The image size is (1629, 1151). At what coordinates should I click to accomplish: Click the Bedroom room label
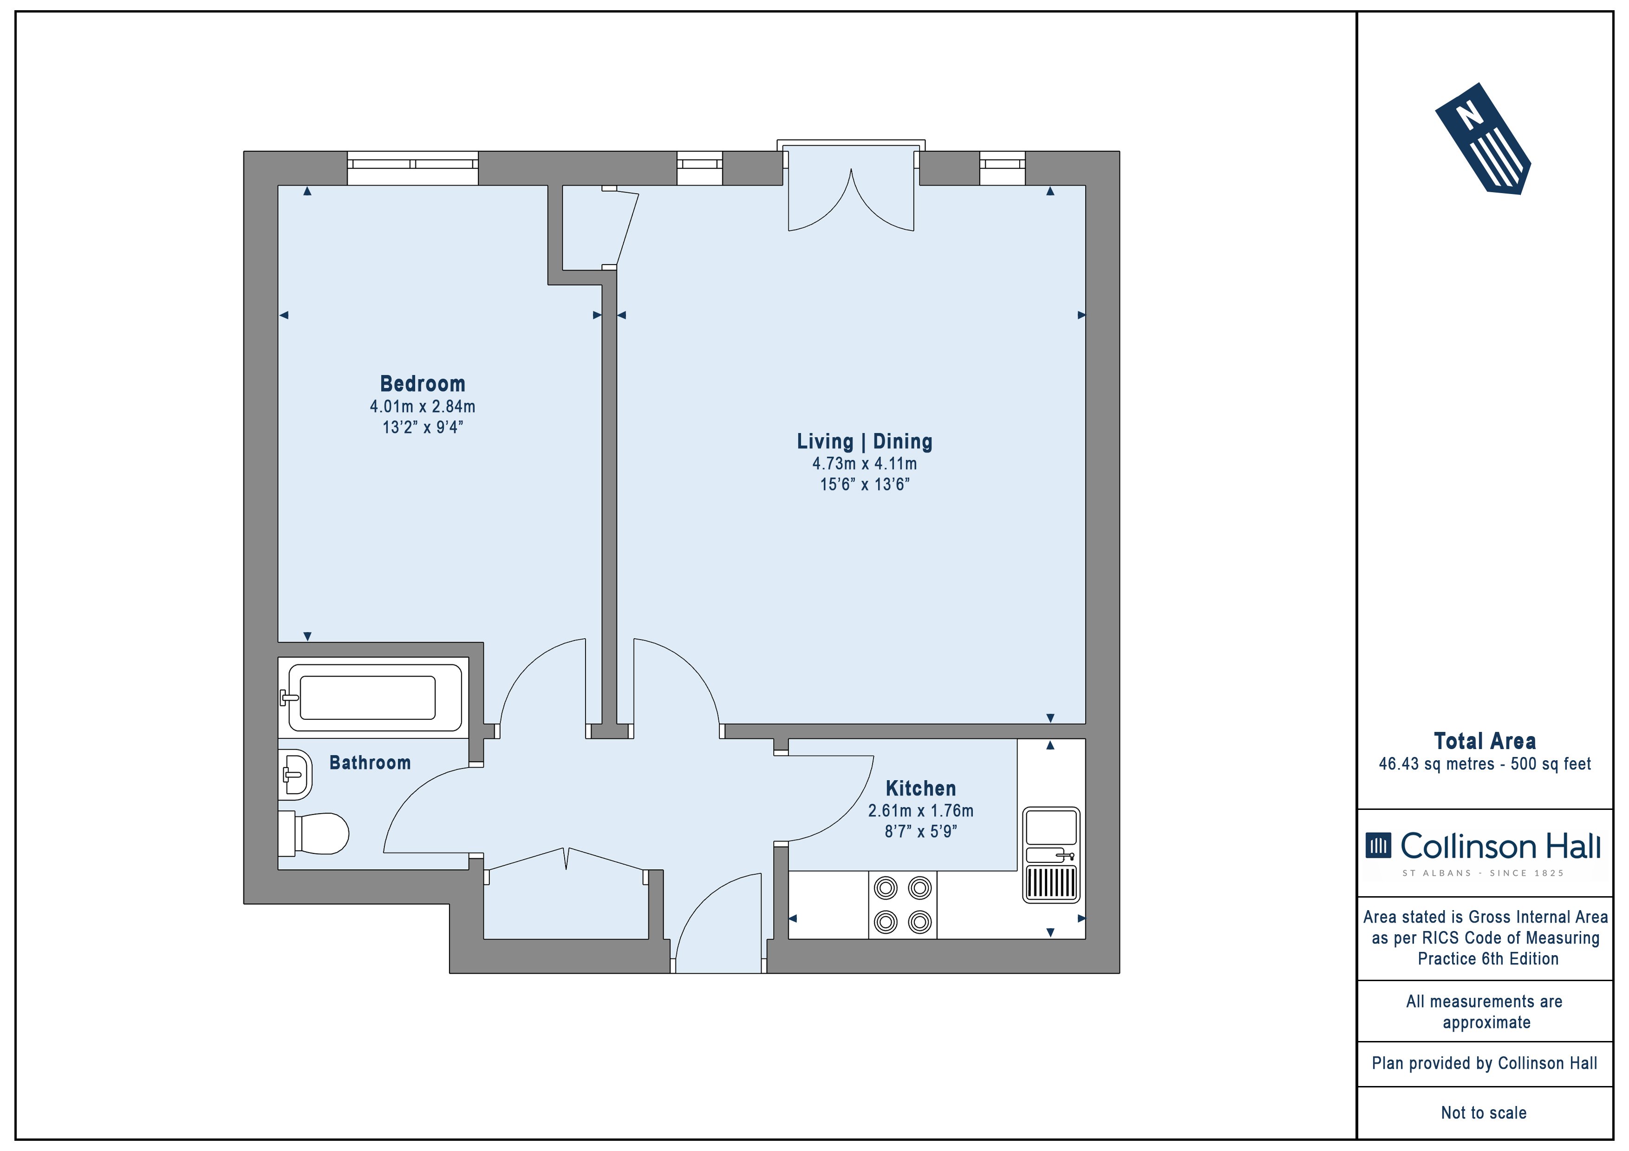(x=423, y=384)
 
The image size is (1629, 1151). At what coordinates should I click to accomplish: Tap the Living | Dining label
(x=864, y=441)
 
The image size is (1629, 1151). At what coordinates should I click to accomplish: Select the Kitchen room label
(x=920, y=788)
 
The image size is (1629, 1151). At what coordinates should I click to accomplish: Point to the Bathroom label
(x=370, y=763)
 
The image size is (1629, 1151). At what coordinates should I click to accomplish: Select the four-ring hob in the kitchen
(x=902, y=905)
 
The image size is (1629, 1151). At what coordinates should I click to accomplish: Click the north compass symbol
(x=1482, y=139)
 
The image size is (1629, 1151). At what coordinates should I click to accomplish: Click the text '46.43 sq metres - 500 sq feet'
(x=1484, y=764)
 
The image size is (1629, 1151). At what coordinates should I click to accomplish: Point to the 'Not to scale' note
(x=1484, y=1112)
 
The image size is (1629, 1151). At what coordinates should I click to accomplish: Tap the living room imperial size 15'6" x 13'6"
(x=864, y=485)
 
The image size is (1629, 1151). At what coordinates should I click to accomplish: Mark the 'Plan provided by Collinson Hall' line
(x=1484, y=1063)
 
